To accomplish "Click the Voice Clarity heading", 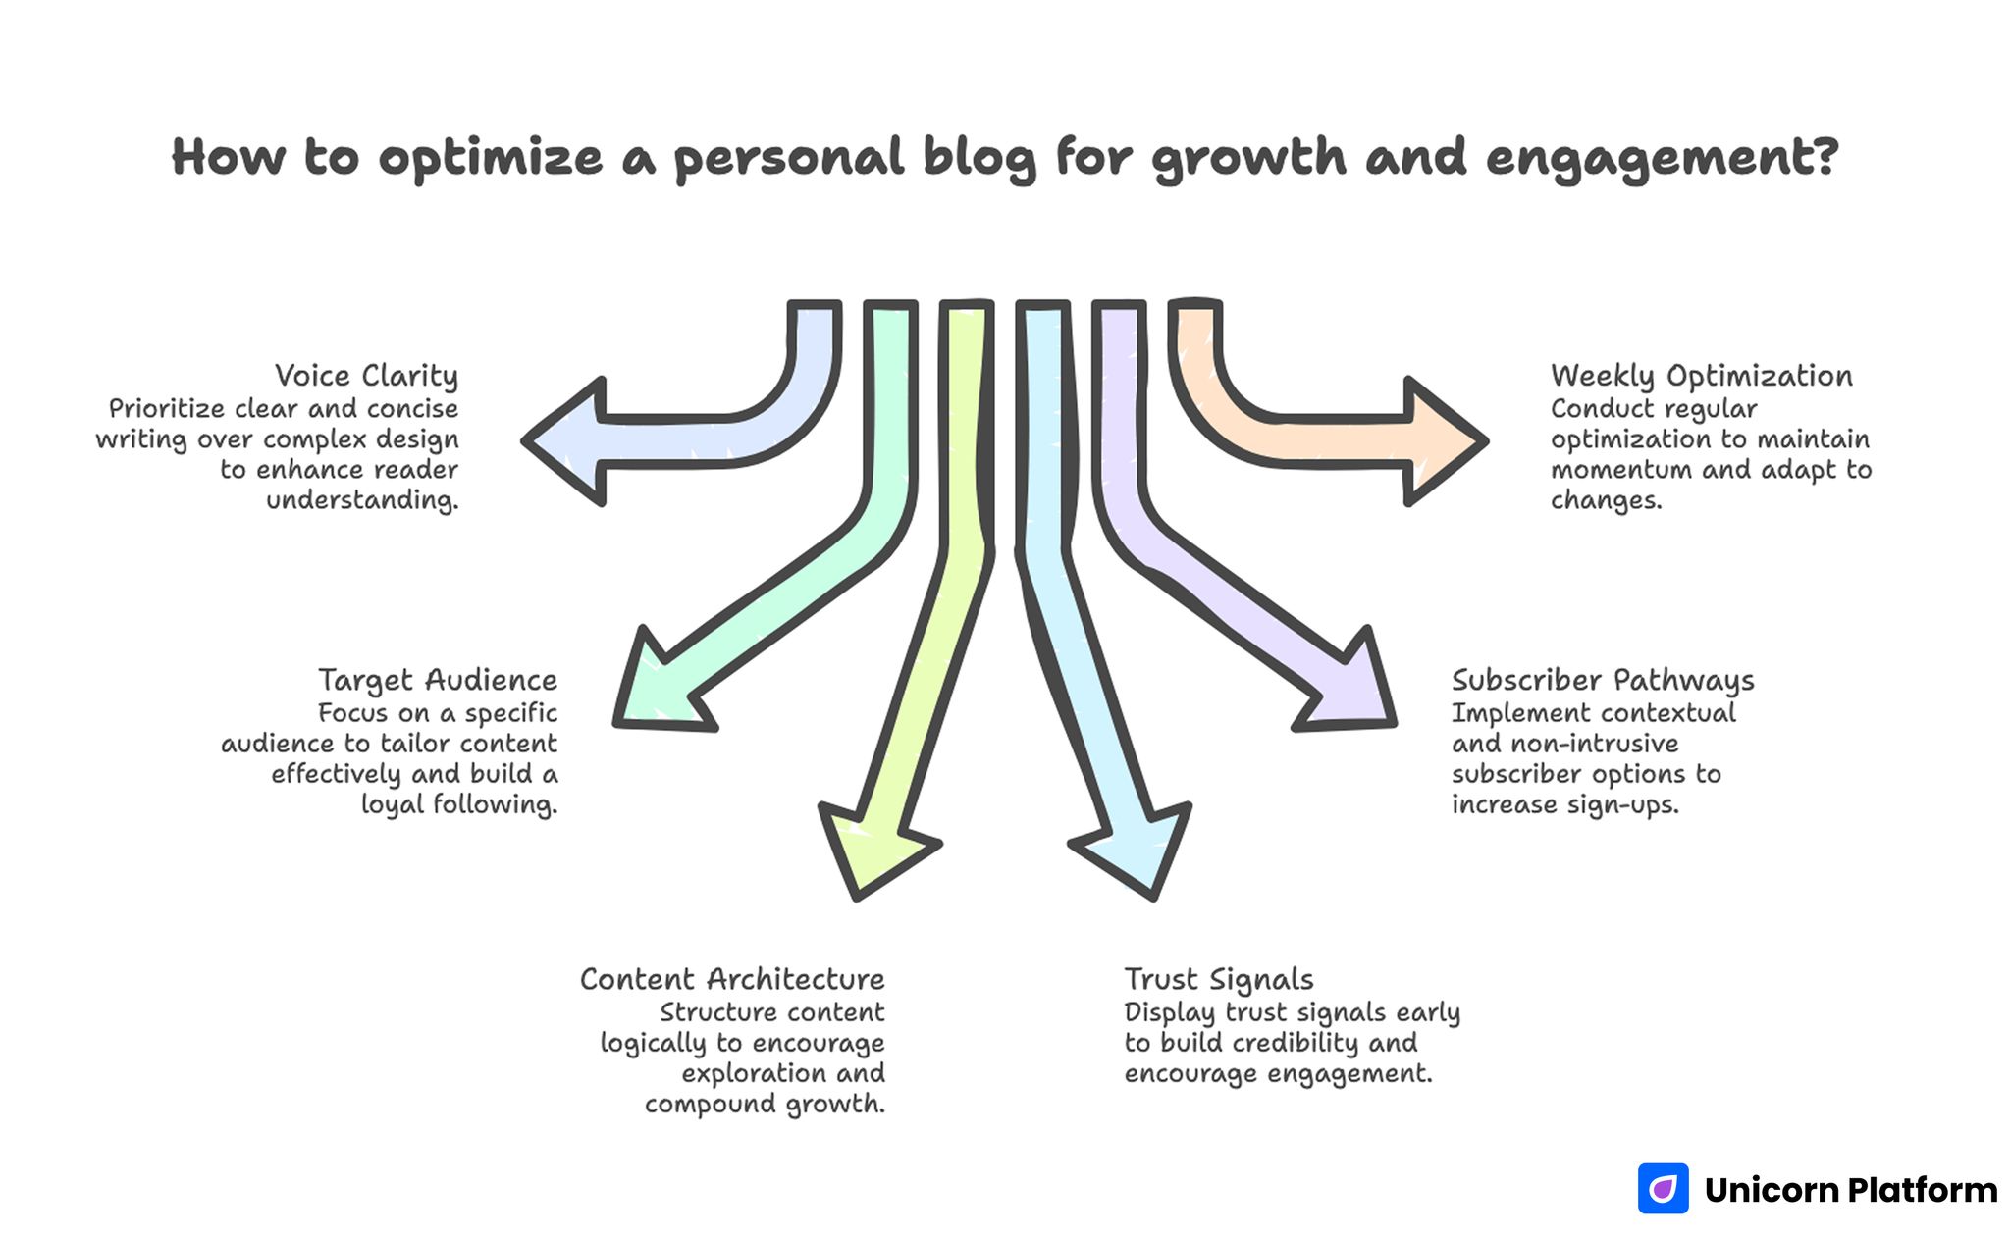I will tap(366, 376).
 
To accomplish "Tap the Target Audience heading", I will tap(438, 680).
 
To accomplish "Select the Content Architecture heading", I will tap(732, 979).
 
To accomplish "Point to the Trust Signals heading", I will tap(1219, 979).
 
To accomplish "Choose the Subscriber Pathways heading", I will tap(1603, 680).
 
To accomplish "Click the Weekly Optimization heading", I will tap(1702, 376).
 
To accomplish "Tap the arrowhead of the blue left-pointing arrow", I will tap(564, 441).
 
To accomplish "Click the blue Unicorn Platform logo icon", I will tap(1663, 1189).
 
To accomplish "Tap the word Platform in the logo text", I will tap(1922, 1190).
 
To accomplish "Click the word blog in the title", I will tap(979, 158).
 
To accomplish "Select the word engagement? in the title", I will tap(1662, 158).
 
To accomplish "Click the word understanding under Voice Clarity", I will tap(362, 500).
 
